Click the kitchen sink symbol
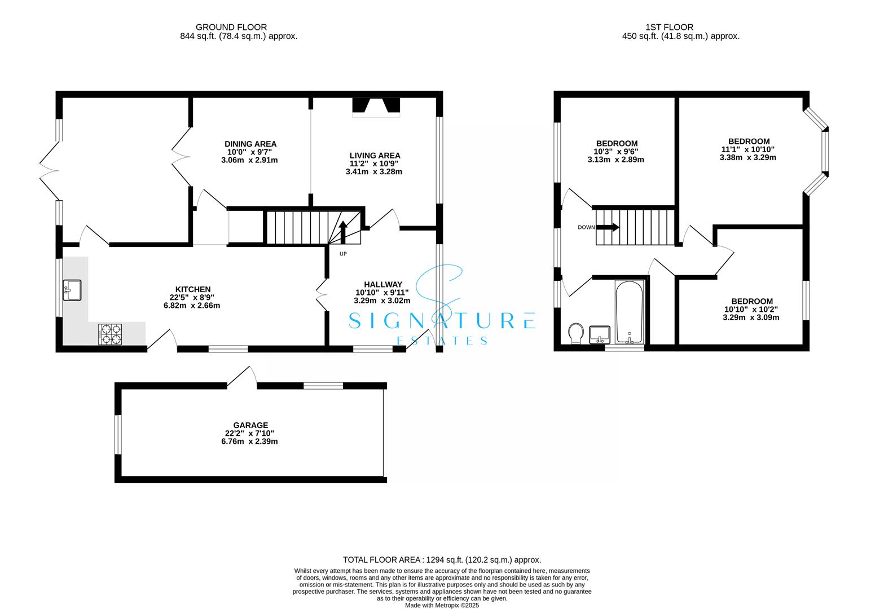click(73, 290)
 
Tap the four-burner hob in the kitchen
click(111, 333)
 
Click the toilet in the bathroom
click(576, 333)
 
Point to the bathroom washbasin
click(599, 334)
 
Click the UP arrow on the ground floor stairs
click(342, 232)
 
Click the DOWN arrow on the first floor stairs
click(608, 227)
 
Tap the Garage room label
click(250, 425)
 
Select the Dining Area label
click(250, 144)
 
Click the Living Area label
click(375, 156)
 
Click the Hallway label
click(382, 284)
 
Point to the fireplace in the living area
click(376, 107)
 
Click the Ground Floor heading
click(231, 27)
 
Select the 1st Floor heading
click(669, 27)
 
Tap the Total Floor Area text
click(442, 560)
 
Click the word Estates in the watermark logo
click(442, 341)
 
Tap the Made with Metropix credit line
click(442, 605)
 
